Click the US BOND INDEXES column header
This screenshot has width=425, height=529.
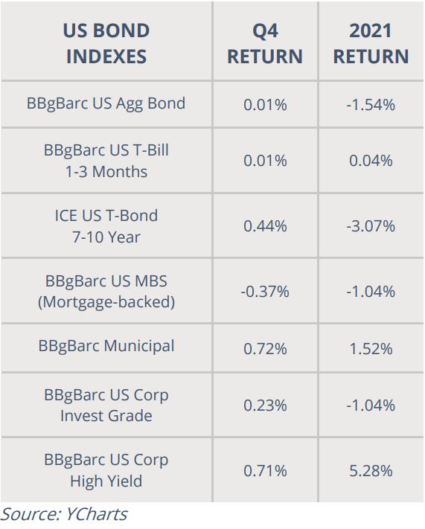(106, 43)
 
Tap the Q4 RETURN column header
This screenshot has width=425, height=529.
(265, 43)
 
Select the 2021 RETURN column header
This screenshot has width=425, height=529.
(371, 43)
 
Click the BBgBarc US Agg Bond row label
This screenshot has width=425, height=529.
(106, 103)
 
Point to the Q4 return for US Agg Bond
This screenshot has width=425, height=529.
(265, 105)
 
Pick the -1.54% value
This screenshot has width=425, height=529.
(371, 105)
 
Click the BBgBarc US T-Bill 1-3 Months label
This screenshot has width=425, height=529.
(106, 161)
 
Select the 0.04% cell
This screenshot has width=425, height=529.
(371, 161)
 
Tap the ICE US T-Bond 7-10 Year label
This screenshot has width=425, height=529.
(106, 226)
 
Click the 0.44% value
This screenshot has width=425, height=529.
(265, 226)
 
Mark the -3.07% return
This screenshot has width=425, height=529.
(371, 226)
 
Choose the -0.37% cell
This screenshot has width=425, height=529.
(265, 292)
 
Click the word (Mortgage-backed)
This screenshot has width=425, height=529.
(106, 302)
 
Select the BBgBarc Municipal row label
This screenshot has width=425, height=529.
(106, 346)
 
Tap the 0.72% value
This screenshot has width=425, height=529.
(265, 349)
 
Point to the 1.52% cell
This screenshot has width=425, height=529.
(371, 349)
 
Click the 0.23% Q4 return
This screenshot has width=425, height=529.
(265, 405)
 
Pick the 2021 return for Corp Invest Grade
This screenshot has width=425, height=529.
(371, 405)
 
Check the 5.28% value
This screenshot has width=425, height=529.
(371, 471)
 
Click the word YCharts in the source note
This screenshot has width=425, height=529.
(96, 515)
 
